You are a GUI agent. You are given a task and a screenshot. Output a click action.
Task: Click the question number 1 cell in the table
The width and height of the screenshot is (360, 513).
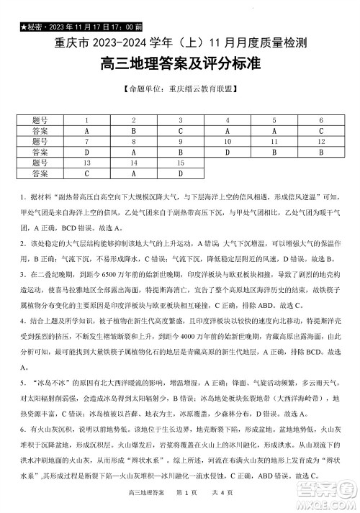[x=87, y=121]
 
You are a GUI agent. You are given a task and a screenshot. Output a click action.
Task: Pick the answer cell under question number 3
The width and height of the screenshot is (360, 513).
[x=181, y=132]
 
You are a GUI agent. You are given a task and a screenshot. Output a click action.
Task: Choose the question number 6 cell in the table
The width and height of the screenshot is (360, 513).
[x=320, y=121]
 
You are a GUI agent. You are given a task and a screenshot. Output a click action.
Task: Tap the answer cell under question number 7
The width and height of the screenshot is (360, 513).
[x=87, y=153]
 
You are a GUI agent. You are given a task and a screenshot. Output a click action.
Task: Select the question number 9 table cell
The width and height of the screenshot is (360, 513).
[x=181, y=142]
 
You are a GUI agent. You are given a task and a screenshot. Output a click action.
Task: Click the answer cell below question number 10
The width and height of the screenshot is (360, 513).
[x=228, y=153]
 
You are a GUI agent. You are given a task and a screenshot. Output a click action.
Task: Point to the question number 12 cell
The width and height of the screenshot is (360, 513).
[x=320, y=142]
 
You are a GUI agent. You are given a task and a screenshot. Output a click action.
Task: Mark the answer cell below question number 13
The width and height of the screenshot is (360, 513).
[x=87, y=173]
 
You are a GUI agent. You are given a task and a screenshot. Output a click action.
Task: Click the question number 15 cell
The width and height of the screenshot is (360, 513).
[x=181, y=163]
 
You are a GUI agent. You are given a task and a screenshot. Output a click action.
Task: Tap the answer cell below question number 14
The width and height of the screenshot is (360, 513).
[x=134, y=173]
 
